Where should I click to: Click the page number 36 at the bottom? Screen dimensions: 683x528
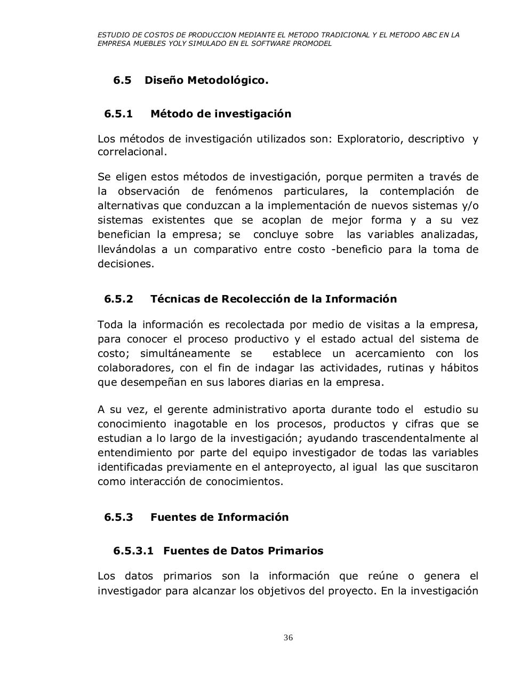click(289, 638)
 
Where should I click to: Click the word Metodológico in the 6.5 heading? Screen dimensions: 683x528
click(235, 80)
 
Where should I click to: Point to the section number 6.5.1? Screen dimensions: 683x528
click(118, 114)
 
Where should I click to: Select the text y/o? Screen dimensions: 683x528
click(469, 205)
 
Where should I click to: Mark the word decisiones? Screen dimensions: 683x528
click(125, 264)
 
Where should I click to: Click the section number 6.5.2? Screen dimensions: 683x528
click(118, 299)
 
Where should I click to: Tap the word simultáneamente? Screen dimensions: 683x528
click(185, 353)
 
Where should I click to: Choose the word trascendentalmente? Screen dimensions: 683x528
click(414, 438)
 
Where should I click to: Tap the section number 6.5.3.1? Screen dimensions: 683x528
click(133, 551)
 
